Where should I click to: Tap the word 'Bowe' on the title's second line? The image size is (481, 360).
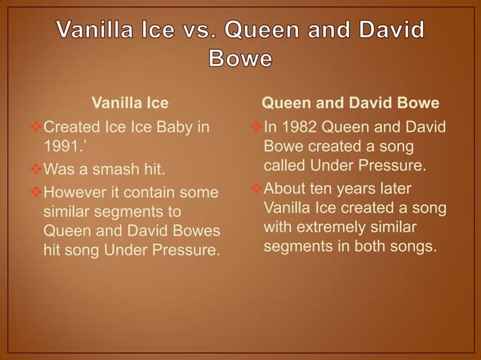tap(240, 59)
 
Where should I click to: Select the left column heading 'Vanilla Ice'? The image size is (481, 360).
tap(130, 102)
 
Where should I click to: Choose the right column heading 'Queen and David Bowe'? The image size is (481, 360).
tap(350, 102)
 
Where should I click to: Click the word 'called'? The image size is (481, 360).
tap(283, 164)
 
